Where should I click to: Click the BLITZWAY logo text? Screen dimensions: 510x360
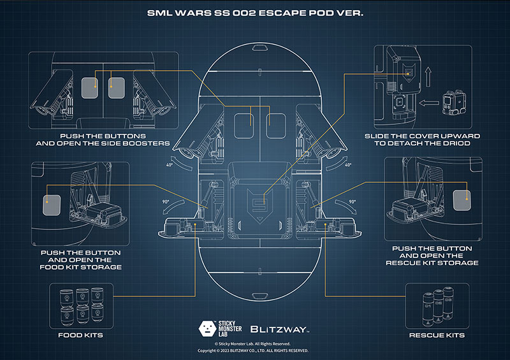click(x=279, y=329)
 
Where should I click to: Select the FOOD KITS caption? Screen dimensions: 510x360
click(x=81, y=335)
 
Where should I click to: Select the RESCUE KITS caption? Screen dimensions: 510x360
click(x=437, y=335)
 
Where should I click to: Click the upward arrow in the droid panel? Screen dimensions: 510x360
click(x=428, y=76)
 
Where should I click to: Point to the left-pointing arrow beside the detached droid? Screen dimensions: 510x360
click(x=429, y=103)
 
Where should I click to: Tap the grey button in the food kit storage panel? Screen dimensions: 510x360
click(x=52, y=205)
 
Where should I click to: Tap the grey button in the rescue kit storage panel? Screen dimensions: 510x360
click(x=462, y=200)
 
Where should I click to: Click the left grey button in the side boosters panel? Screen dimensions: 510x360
click(x=90, y=88)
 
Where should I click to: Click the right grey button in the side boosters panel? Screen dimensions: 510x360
click(x=117, y=88)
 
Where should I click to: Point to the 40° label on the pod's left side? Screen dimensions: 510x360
click(x=170, y=165)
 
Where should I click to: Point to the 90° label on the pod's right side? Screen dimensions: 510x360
click(x=353, y=201)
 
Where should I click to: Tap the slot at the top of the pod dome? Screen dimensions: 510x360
click(x=259, y=48)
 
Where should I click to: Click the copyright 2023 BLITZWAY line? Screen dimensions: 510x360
click(x=253, y=350)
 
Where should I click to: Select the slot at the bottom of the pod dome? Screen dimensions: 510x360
click(x=259, y=296)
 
